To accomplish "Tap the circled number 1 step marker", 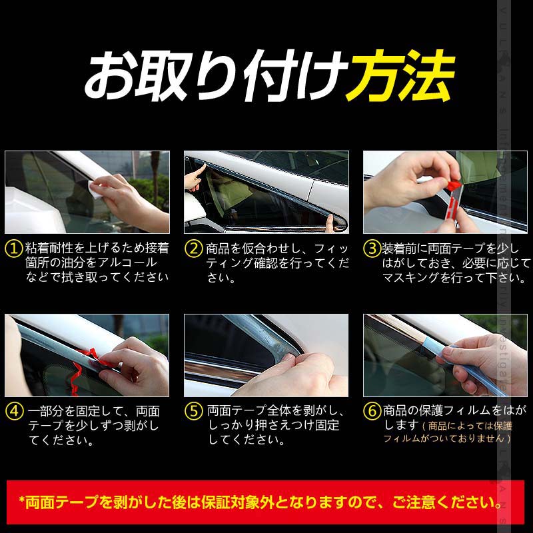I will click(14, 249).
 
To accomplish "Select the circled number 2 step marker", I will click(193, 249).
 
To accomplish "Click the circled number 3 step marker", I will click(372, 249).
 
